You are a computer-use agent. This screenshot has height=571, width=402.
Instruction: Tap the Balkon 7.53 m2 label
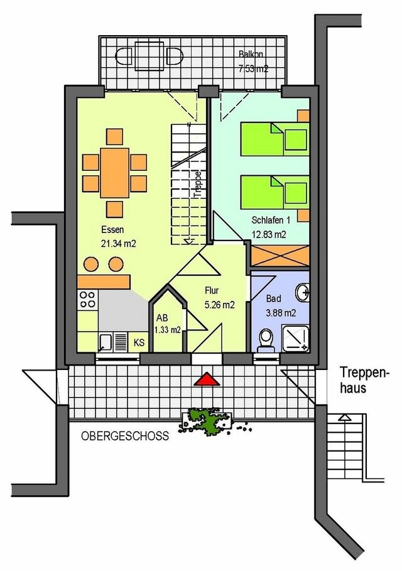pos(253,62)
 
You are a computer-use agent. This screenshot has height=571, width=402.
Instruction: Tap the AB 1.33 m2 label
pos(167,324)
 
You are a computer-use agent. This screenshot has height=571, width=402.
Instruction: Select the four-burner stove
pos(88,300)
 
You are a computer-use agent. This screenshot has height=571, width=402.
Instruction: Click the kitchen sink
pos(106,342)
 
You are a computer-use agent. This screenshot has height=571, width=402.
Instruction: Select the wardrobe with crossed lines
pos(280,256)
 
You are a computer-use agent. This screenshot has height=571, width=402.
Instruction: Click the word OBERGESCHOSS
pos(124,436)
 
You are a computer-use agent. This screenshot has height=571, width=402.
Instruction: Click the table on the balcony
pos(149,54)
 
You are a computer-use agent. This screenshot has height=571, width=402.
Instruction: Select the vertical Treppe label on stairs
pos(198,185)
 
